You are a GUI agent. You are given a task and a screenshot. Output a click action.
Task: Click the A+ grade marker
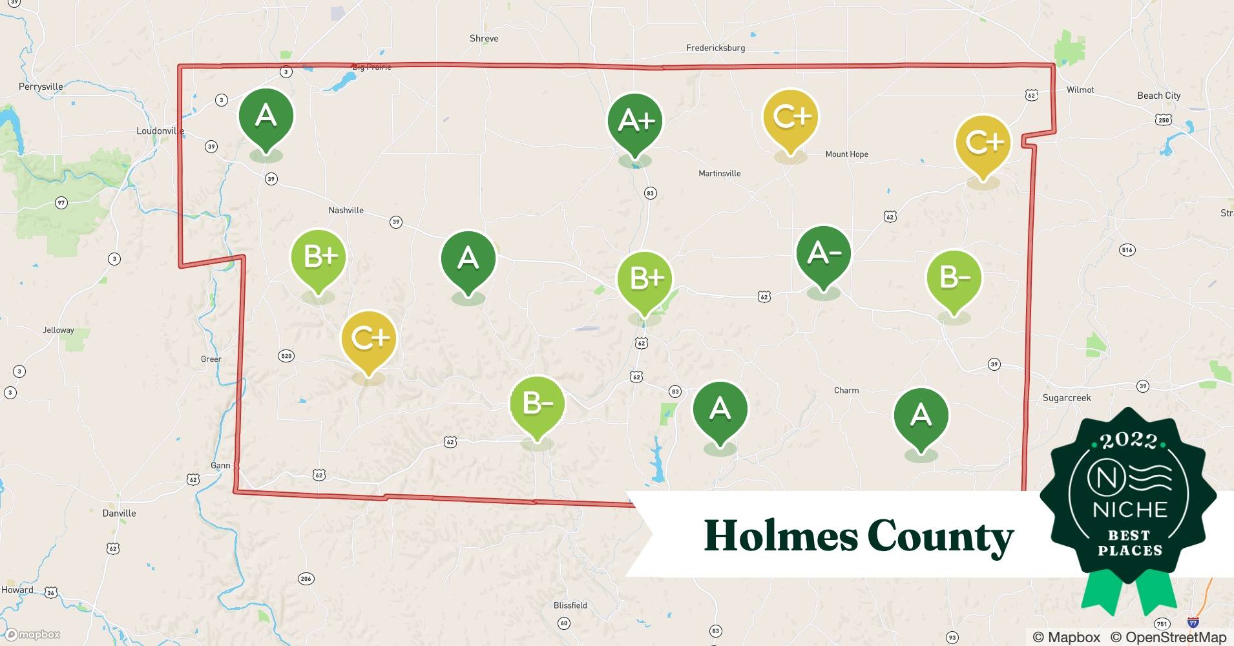pos(635,121)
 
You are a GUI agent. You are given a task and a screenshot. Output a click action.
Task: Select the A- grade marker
pos(823,253)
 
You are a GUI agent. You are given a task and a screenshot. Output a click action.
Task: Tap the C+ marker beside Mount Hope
pos(790,118)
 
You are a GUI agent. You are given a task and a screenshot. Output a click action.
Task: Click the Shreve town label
pos(484,39)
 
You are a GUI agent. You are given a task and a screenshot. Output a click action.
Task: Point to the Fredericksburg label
pos(715,48)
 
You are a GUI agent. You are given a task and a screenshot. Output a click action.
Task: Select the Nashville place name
pos(346,211)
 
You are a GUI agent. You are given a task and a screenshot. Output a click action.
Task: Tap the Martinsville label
pos(719,174)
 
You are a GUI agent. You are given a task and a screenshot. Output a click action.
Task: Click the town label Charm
pos(846,391)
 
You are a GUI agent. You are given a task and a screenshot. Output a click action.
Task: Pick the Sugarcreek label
pos(1066,398)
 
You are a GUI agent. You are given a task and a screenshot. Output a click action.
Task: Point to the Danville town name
pos(119,514)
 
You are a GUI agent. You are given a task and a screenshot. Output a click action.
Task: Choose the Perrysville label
pos(41,87)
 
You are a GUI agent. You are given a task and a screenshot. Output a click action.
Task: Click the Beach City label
pos(1158,96)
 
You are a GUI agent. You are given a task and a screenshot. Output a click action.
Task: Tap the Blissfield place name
pos(570,606)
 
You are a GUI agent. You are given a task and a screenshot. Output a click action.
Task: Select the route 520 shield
pos(286,356)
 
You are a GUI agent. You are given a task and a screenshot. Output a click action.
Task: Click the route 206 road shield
pos(306,579)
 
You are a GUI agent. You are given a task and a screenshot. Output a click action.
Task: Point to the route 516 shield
pos(1127,250)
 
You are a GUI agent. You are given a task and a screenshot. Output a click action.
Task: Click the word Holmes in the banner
pos(780,536)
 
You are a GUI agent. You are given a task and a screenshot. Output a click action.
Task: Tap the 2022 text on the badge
pos(1129,441)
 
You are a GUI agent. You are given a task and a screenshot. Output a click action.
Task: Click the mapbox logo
pos(33,634)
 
